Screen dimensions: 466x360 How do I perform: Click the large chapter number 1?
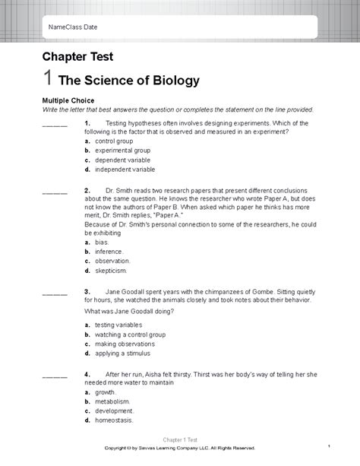(48, 78)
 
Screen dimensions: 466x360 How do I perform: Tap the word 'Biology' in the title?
(171, 79)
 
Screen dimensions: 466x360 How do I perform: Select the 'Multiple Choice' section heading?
(70, 100)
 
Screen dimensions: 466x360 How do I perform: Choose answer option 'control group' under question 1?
(114, 141)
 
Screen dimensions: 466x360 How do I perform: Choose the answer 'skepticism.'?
(111, 270)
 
